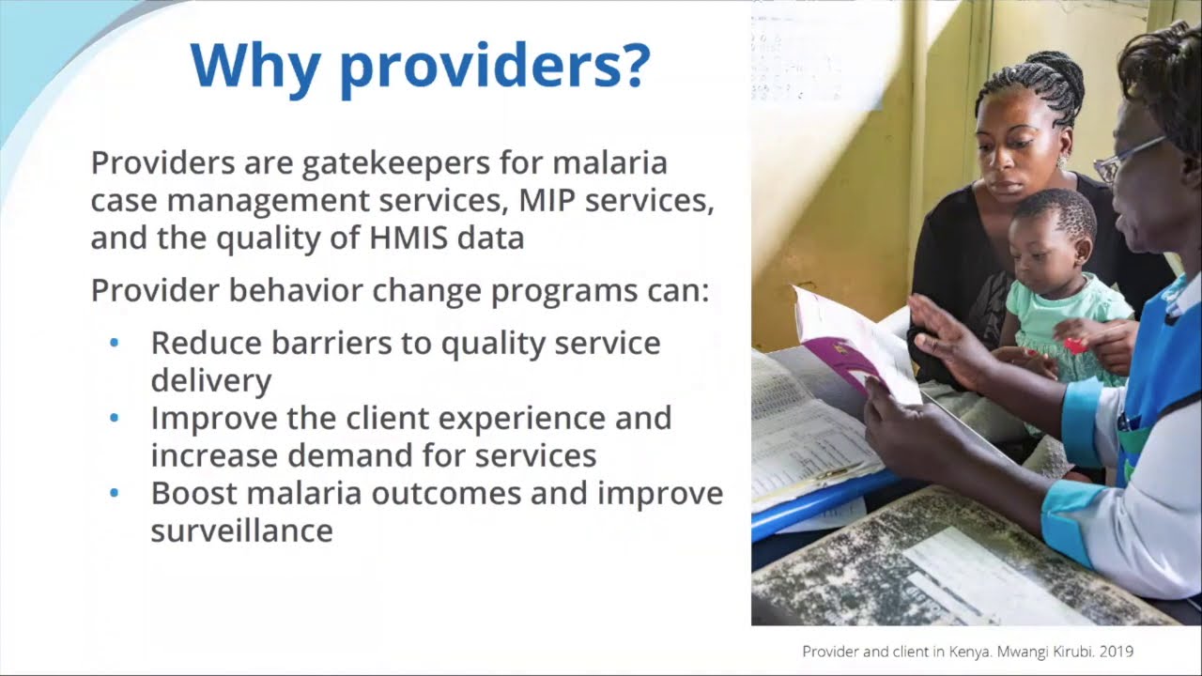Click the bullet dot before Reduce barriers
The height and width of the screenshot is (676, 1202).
click(115, 344)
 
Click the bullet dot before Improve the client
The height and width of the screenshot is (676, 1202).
click(115, 418)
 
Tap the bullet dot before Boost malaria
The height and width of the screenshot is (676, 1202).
click(115, 493)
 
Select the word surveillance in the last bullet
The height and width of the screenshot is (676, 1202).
click(241, 530)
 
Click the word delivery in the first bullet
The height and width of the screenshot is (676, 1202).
click(210, 380)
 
